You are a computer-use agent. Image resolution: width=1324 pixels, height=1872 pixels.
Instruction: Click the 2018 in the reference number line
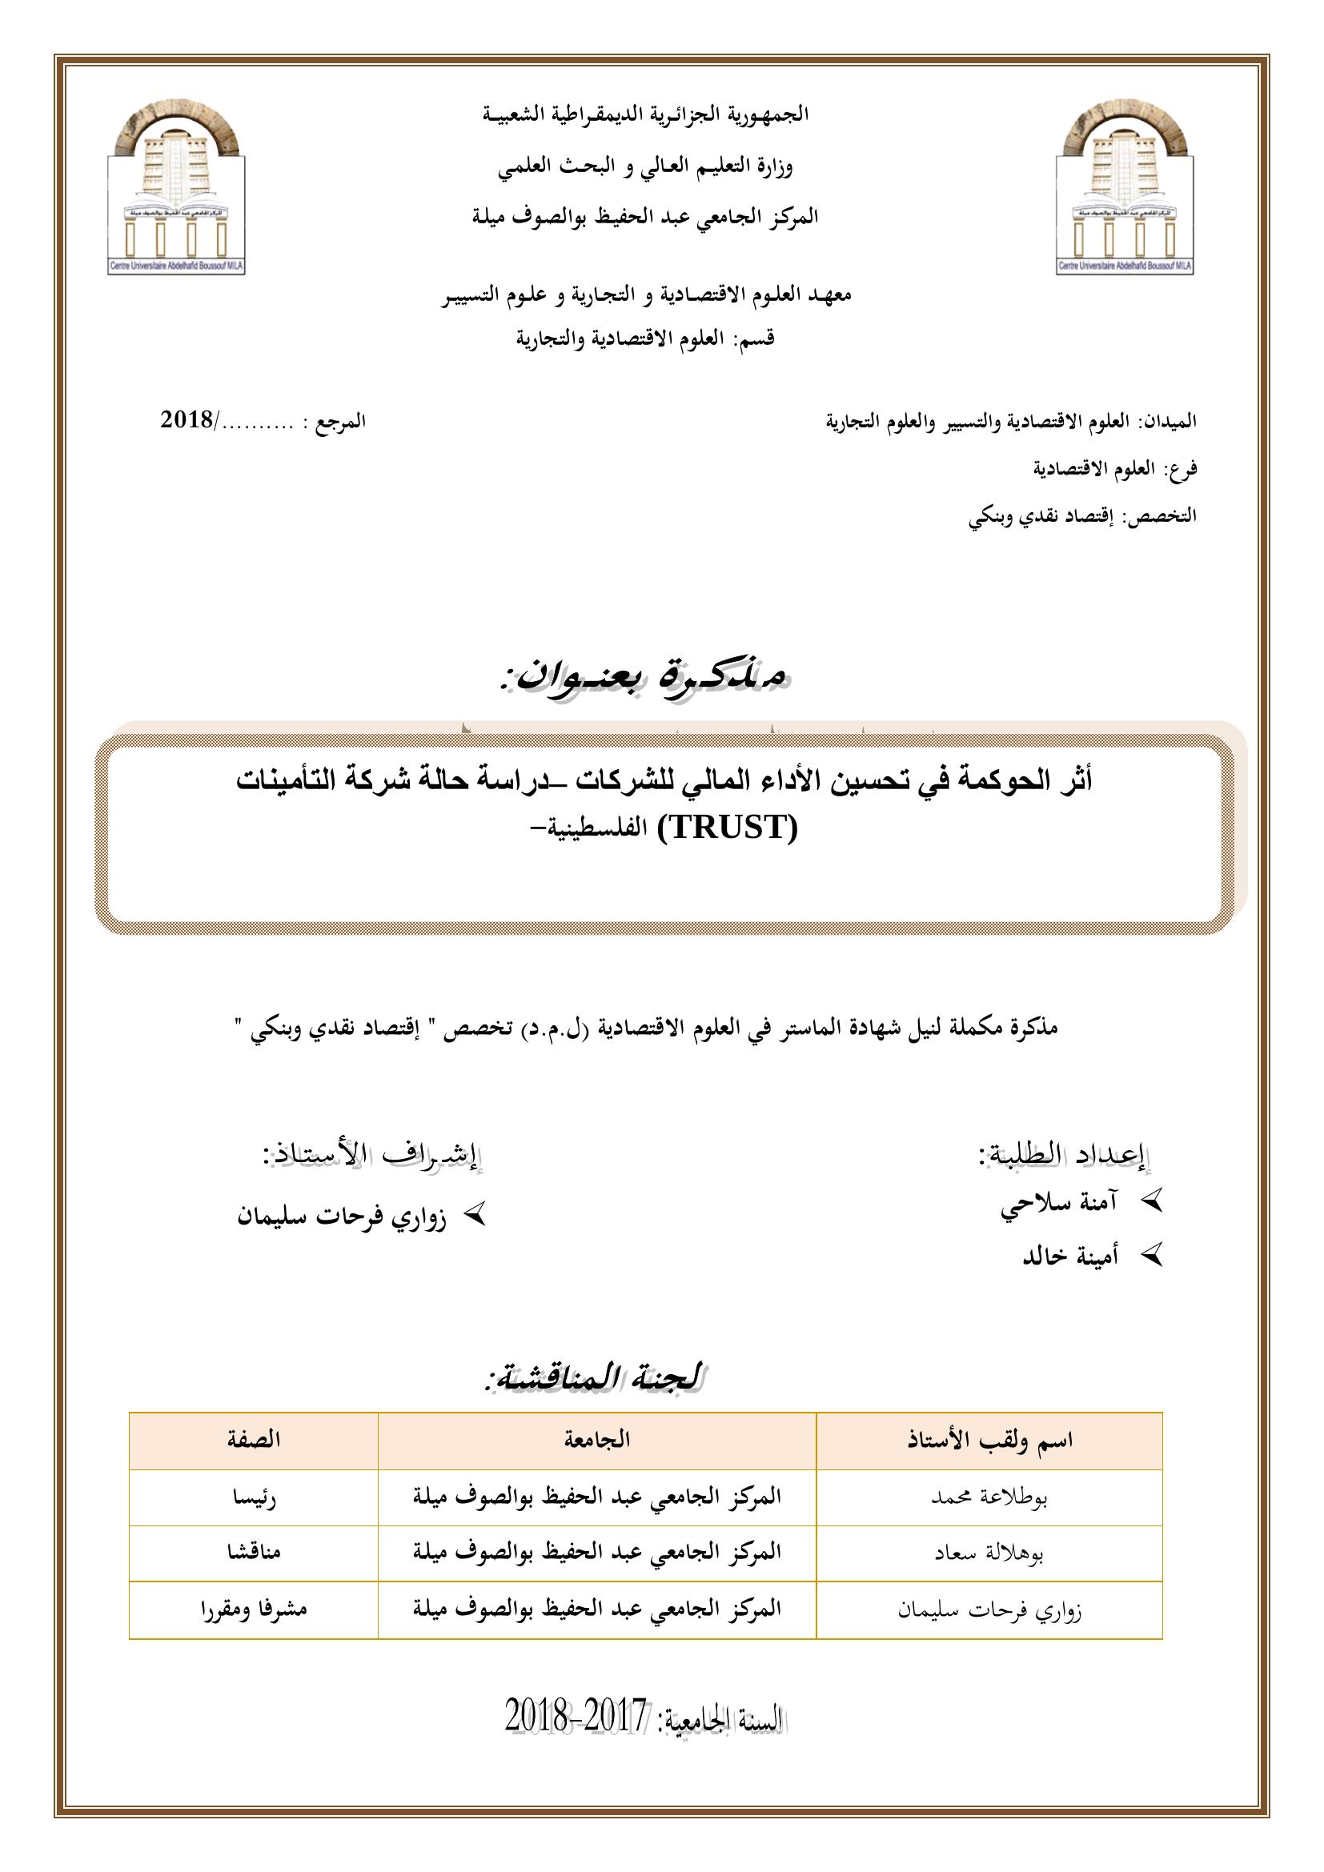tap(187, 421)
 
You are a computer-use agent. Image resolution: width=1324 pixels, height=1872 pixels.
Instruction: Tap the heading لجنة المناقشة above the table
tap(594, 1377)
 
